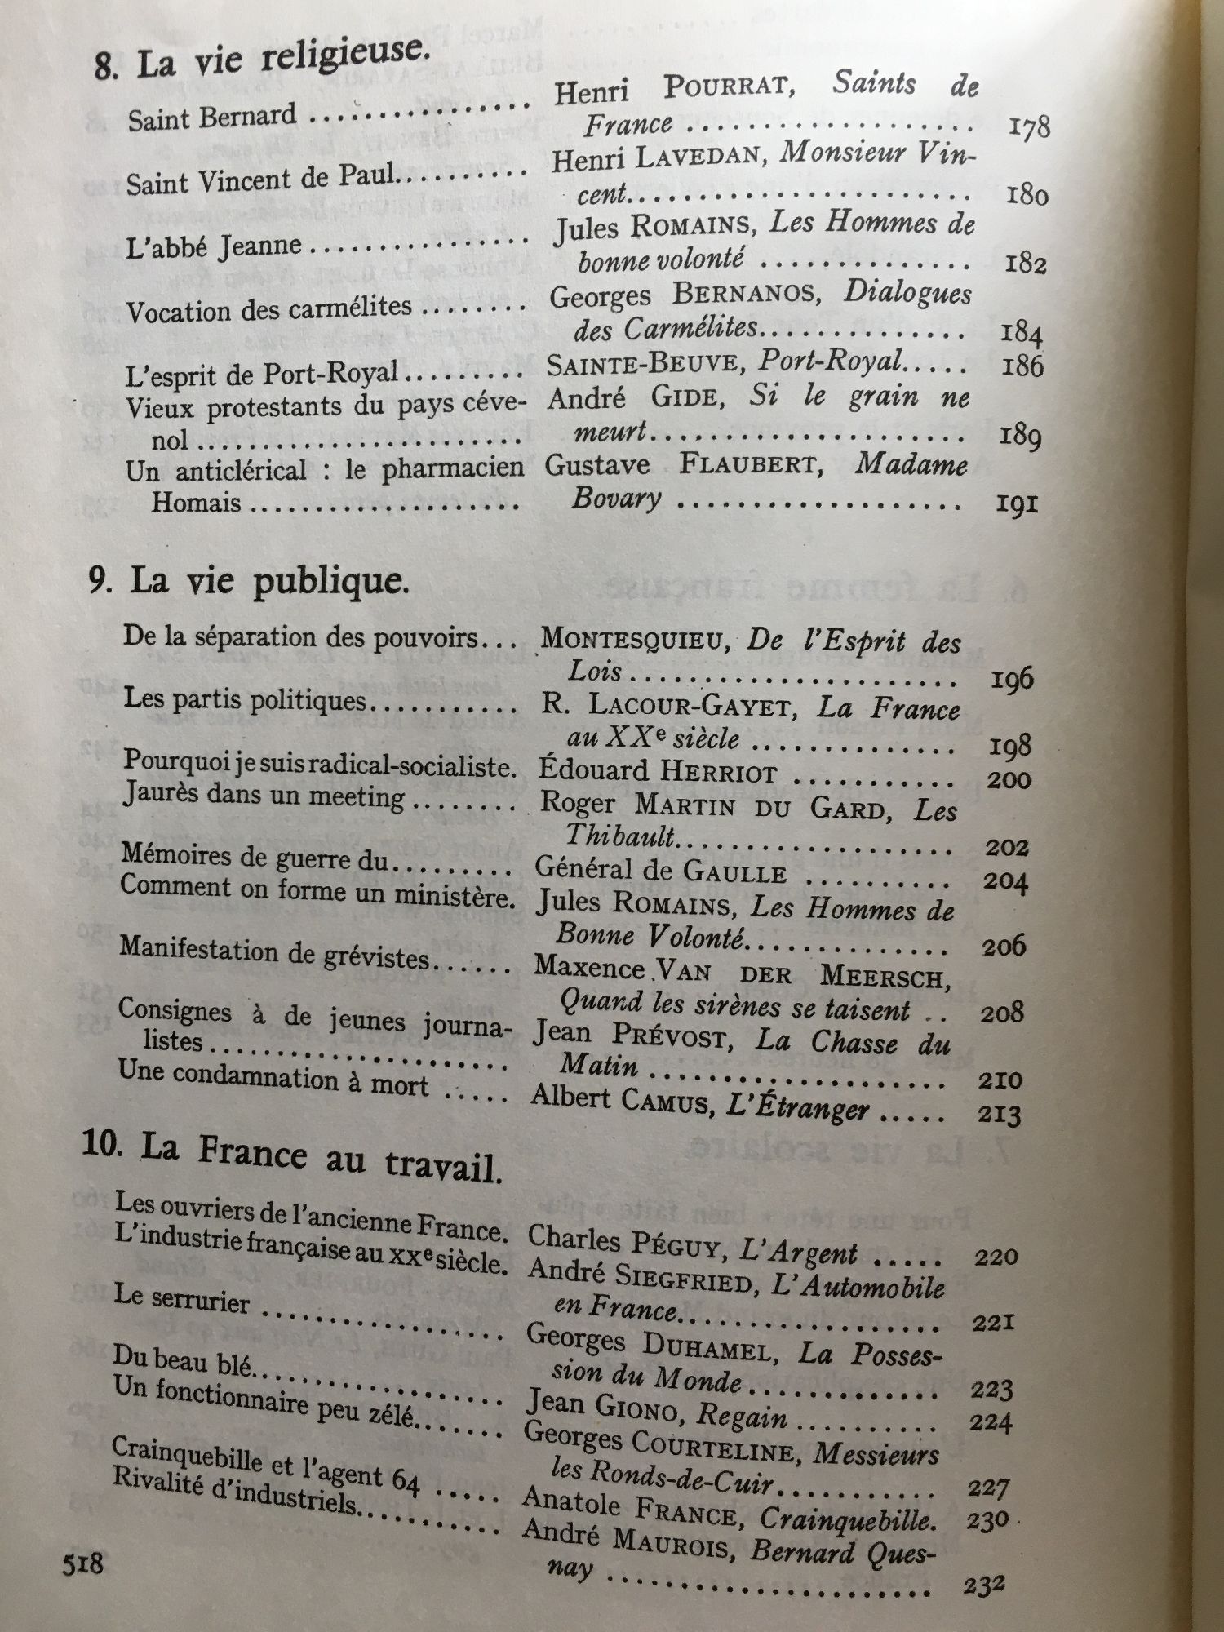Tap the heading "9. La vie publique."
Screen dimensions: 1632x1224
[x=249, y=582]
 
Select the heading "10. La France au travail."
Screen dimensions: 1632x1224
[x=290, y=1157]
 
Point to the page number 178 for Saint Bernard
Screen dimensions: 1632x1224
[x=1029, y=127]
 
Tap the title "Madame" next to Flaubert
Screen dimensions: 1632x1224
[x=911, y=465]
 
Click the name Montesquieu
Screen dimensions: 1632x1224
[x=633, y=639]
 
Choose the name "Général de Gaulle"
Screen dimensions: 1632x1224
[x=660, y=871]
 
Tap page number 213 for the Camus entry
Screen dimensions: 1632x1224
[x=1000, y=1115]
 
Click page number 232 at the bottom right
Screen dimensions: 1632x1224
[x=983, y=1585]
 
